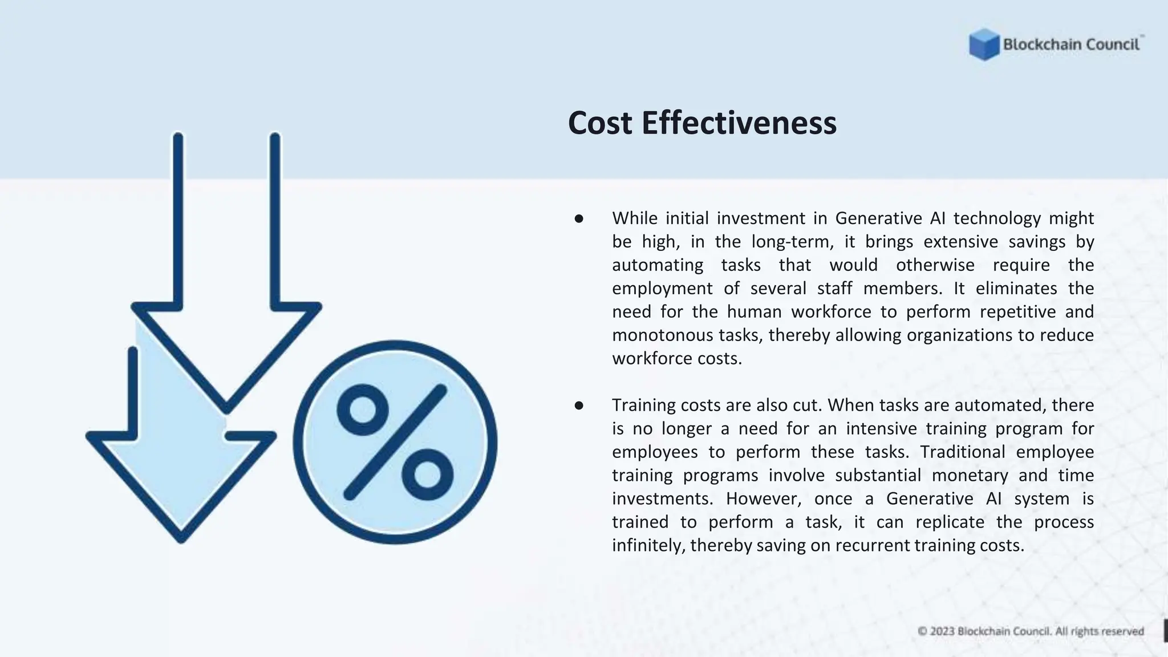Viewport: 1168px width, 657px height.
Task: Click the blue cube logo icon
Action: click(x=984, y=44)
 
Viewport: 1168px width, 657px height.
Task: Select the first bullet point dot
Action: click(x=579, y=218)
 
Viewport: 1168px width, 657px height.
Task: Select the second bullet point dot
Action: click(x=579, y=405)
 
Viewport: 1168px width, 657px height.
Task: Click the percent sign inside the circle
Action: click(x=395, y=443)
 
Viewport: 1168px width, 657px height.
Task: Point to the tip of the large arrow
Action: click(x=226, y=408)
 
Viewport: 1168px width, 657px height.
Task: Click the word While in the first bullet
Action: click(x=635, y=218)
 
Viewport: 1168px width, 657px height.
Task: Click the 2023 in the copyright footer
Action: click(x=942, y=631)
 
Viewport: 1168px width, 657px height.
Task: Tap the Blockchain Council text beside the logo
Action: click(x=1071, y=44)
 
